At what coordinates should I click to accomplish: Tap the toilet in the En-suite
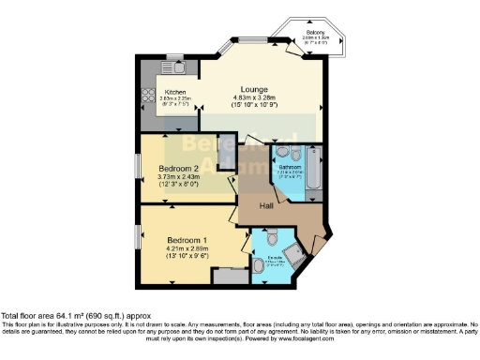coord(260,265)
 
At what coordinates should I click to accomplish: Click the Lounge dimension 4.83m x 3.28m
coord(257,97)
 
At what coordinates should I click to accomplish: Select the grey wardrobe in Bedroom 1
coord(228,276)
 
